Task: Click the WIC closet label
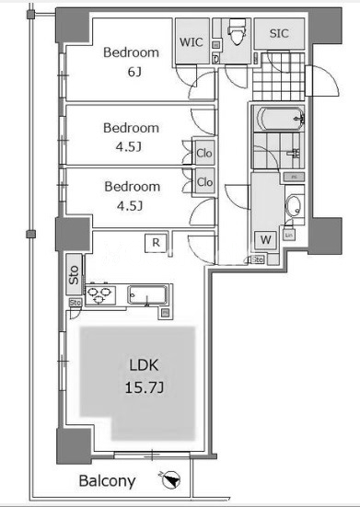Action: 192,41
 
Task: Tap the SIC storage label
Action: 278,34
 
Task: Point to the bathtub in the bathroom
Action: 277,120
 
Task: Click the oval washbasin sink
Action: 292,205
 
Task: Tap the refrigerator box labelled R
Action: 157,243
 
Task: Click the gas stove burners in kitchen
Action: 99,296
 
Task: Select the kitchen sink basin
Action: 146,296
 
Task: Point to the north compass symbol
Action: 170,479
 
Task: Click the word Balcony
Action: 107,481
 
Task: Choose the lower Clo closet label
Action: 203,182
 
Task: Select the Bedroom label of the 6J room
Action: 131,52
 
